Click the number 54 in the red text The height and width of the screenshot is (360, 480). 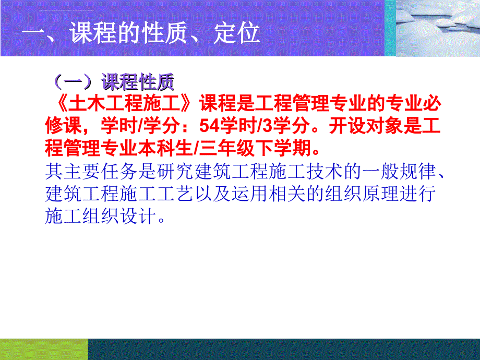click(x=209, y=126)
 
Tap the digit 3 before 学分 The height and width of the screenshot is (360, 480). click(x=267, y=126)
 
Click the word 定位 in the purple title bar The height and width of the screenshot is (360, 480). click(x=237, y=33)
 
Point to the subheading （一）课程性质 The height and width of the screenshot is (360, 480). click(x=113, y=82)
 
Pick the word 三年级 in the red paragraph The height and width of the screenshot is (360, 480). click(x=227, y=148)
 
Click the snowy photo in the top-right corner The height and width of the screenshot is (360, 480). click(x=438, y=28)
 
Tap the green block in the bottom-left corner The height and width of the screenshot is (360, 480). click(x=44, y=349)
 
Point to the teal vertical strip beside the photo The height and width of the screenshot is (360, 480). click(x=390, y=28)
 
